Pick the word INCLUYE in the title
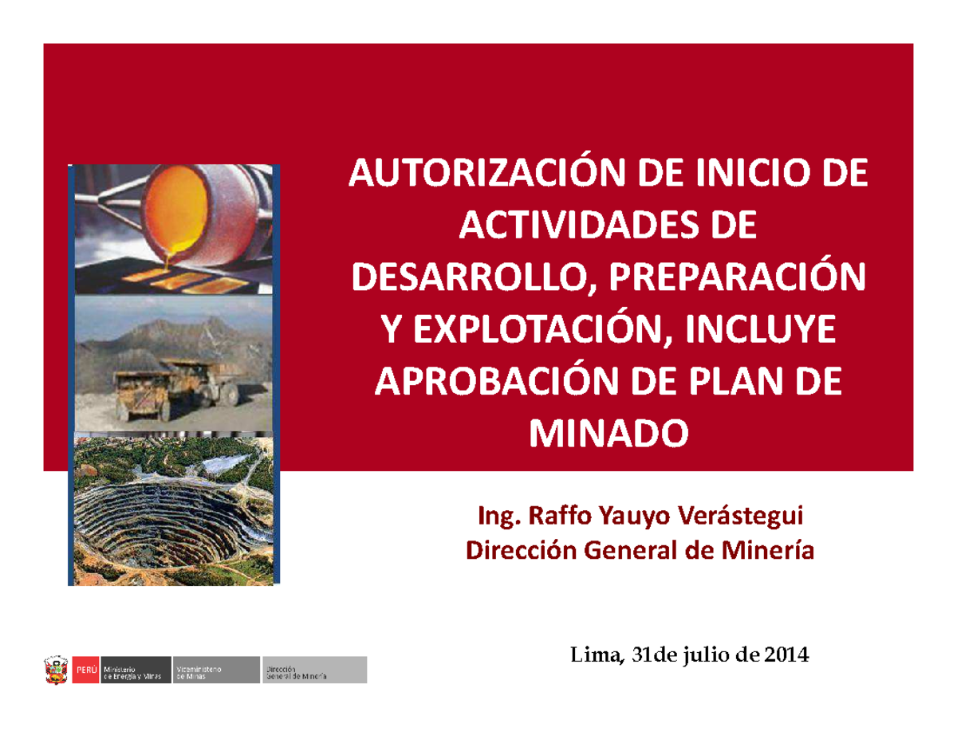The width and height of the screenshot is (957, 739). tap(761, 329)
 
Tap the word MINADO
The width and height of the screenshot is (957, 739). tap(608, 434)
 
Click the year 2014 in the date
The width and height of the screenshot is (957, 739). tap(786, 655)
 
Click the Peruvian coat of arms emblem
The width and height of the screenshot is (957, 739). tap(56, 670)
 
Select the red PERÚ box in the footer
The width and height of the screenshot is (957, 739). tap(85, 670)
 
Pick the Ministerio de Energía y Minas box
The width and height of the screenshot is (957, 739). tap(136, 670)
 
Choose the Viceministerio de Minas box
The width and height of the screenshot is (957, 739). tap(216, 670)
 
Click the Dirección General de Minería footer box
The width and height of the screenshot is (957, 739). tap(314, 670)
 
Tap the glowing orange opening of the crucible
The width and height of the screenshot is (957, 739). tap(176, 212)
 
